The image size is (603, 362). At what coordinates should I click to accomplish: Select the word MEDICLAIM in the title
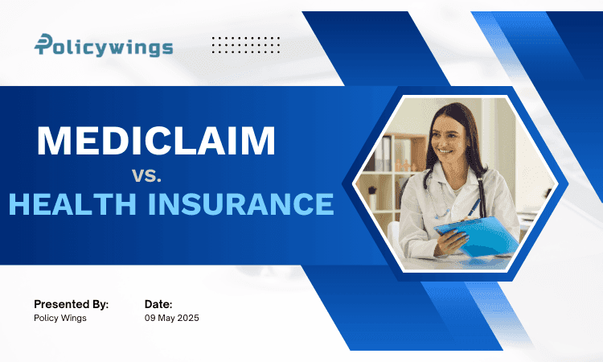tap(156, 141)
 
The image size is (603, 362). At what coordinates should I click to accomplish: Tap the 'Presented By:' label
tap(71, 304)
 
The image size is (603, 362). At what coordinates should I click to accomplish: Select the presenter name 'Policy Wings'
tap(59, 319)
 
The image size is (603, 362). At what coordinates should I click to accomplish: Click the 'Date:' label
tap(158, 304)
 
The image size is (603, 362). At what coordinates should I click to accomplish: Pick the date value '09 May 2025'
tap(171, 319)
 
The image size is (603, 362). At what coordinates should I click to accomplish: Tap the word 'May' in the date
tap(166, 319)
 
